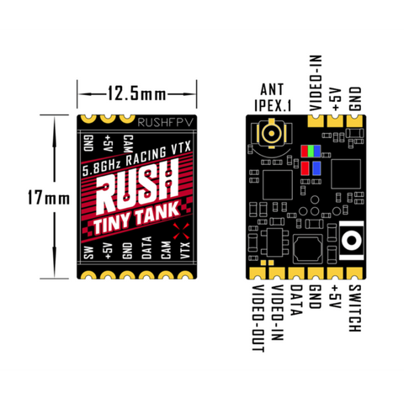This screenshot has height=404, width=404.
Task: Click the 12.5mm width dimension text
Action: [136, 93]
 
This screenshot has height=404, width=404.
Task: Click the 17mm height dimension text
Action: [49, 198]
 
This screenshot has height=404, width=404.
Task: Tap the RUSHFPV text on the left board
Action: [166, 122]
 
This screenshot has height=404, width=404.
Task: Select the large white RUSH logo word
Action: [137, 188]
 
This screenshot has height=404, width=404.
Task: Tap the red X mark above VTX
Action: [181, 231]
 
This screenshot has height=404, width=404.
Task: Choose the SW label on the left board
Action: [89, 252]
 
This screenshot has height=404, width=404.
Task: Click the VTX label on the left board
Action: [185, 250]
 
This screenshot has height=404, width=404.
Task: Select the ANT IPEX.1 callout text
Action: [272, 98]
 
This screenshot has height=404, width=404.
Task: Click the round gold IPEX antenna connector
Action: [271, 133]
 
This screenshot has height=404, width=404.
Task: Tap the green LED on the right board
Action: [311, 151]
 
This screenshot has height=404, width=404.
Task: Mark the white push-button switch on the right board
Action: [351, 240]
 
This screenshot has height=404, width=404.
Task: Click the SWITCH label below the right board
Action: [354, 308]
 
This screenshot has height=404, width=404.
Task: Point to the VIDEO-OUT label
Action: [258, 318]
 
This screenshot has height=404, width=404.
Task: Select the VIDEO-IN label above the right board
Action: [316, 83]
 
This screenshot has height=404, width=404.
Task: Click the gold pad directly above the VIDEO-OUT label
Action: [258, 273]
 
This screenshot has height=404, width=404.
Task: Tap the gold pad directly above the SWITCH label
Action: [354, 273]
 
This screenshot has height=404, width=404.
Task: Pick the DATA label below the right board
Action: [296, 300]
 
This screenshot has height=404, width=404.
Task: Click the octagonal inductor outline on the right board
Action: [308, 249]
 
